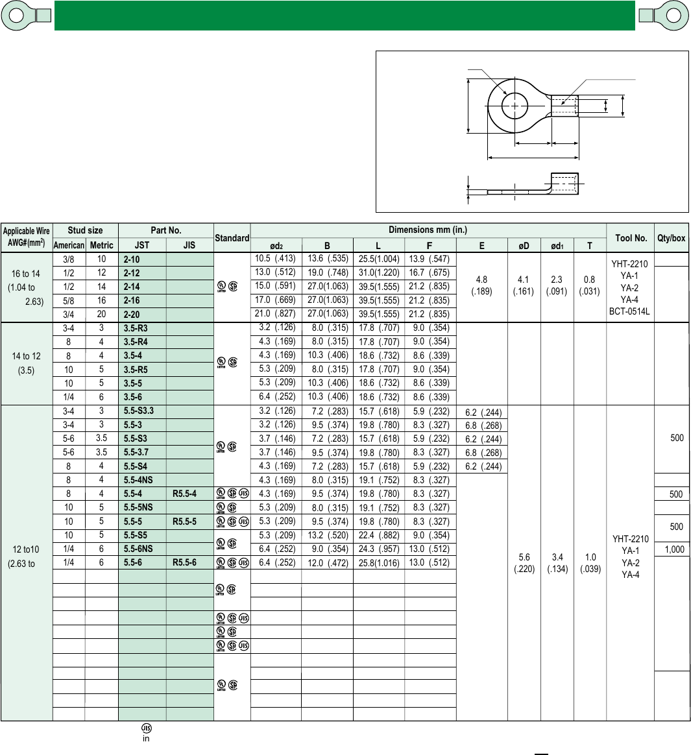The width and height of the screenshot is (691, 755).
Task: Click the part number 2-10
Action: (x=132, y=259)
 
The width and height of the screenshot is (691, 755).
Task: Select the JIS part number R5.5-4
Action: (x=184, y=494)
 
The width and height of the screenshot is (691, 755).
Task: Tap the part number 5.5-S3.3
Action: (x=139, y=411)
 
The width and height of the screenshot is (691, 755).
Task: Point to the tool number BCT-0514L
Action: (x=629, y=311)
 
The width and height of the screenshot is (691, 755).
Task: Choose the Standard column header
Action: (x=232, y=238)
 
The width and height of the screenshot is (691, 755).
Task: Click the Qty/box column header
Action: (x=672, y=238)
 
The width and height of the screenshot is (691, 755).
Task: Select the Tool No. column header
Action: (x=631, y=238)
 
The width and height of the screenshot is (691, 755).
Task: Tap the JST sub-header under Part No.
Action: (x=142, y=245)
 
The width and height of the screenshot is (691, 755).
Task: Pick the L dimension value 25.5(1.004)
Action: (x=379, y=259)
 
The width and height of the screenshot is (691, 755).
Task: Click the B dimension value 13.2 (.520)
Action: (x=327, y=535)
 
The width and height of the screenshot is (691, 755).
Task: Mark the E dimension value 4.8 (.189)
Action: (x=481, y=286)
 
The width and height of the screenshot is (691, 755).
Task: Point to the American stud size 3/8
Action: (x=68, y=259)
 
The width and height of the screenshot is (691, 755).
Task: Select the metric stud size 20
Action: (x=101, y=314)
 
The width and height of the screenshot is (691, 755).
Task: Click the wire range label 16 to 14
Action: (x=26, y=274)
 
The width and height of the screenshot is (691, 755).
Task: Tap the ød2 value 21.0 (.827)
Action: (x=275, y=314)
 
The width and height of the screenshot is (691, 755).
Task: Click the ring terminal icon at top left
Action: (x=26, y=16)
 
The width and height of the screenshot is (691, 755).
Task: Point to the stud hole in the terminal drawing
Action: (x=515, y=106)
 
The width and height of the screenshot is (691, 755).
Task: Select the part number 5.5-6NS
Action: (x=138, y=549)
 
